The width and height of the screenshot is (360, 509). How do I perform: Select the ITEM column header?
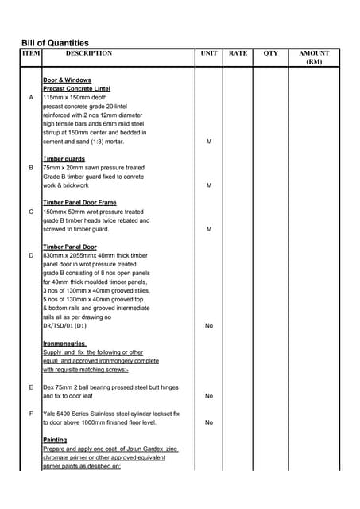[30, 53]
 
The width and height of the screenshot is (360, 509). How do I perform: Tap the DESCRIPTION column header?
[88, 53]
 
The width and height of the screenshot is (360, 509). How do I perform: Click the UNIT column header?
[209, 53]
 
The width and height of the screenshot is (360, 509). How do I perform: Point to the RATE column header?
[238, 53]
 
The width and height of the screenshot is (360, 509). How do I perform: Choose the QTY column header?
[271, 53]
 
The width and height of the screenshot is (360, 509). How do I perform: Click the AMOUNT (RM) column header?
[314, 57]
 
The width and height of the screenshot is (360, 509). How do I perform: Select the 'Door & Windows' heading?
[67, 80]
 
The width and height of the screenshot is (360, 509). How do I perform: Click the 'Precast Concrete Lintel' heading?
[76, 89]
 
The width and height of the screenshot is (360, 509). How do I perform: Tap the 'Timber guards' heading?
[64, 159]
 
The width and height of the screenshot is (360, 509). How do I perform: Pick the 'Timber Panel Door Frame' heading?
[79, 203]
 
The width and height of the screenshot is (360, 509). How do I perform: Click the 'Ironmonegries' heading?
[64, 343]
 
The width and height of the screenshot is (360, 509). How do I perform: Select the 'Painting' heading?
[55, 440]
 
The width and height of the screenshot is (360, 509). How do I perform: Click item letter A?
[31, 98]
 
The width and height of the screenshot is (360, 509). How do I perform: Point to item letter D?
[31, 255]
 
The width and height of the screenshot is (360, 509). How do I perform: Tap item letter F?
[31, 414]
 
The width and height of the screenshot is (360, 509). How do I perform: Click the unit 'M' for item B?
[209, 185]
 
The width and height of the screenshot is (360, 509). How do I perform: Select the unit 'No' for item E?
[209, 396]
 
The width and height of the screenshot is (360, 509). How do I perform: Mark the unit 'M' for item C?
[209, 229]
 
